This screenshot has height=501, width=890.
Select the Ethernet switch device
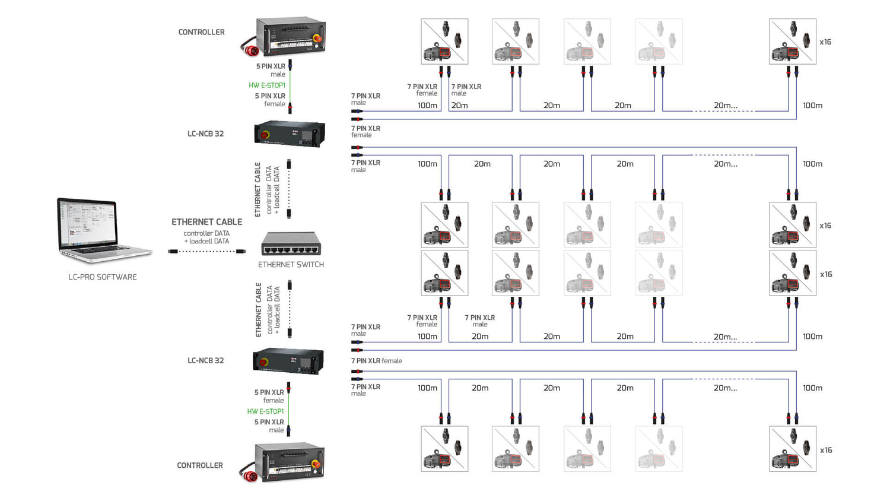pos(291,243)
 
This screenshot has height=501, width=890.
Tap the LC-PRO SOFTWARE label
pos(103,277)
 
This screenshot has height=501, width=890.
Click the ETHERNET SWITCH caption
pos(291,265)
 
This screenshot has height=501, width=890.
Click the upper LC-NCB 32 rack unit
pos(290,133)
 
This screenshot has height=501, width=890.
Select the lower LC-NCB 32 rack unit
pos(288,361)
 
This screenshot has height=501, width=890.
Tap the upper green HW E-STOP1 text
pos(267,85)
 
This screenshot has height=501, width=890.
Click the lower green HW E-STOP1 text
pos(265,411)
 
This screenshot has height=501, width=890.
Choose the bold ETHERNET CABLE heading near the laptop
pos(206,222)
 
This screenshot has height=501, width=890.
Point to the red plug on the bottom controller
pos(250,473)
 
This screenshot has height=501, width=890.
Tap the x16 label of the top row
pos(825,42)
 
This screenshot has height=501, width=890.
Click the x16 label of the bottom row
pos(826,450)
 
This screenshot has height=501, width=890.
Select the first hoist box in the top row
pos(444,42)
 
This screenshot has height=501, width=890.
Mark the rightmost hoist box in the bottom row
pos(793,449)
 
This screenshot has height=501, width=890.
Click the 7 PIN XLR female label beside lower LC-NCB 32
pos(377,361)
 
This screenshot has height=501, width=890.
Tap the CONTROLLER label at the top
pos(201,32)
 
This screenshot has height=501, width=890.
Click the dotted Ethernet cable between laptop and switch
pos(207,252)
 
